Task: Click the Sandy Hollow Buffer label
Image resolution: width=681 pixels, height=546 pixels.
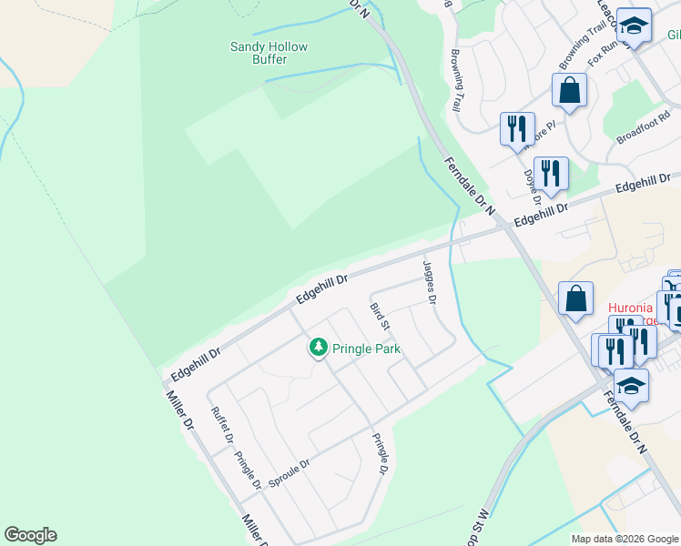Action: pyautogui.click(x=269, y=53)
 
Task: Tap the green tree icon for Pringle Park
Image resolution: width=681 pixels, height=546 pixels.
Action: pyautogui.click(x=318, y=347)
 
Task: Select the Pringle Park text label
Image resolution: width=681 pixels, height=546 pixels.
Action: pyautogui.click(x=366, y=349)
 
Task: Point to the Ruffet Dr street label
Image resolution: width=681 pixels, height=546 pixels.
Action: pyautogui.click(x=222, y=423)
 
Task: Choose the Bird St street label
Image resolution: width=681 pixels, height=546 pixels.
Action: pyautogui.click(x=381, y=316)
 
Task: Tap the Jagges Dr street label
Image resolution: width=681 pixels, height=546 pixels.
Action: pyautogui.click(x=430, y=282)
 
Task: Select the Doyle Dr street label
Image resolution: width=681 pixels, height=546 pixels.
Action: pyautogui.click(x=533, y=187)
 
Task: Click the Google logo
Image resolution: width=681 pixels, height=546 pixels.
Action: pyautogui.click(x=30, y=535)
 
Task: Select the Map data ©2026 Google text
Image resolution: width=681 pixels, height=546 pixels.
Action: pyautogui.click(x=625, y=539)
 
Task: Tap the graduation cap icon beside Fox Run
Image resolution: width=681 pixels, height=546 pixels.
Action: pyautogui.click(x=634, y=25)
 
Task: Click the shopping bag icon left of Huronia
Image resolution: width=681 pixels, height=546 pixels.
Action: pyautogui.click(x=576, y=298)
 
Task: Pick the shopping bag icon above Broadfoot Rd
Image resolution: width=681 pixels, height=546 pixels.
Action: pyautogui.click(x=569, y=90)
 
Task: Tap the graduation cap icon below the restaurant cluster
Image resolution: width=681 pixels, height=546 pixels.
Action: pyautogui.click(x=631, y=386)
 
